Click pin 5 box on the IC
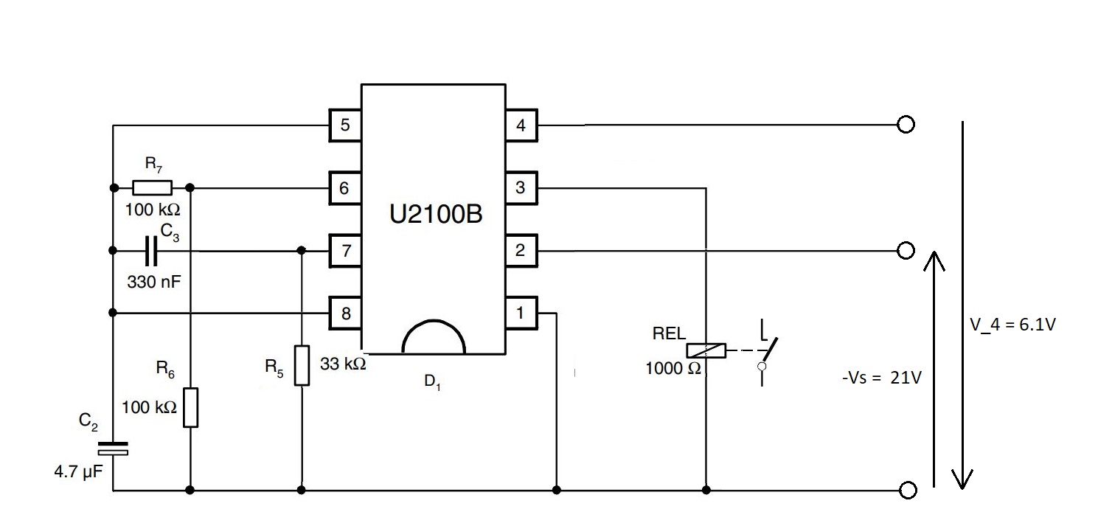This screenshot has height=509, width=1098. point(344,125)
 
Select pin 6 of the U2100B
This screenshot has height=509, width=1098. point(344,188)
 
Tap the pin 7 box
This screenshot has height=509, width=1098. point(344,251)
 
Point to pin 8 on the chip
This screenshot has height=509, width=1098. point(344,314)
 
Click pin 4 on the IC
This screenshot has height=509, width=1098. point(521,125)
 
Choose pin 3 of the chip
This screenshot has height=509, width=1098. point(521,188)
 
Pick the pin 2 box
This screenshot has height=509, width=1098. point(521,251)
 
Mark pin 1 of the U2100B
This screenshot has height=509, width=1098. point(521,314)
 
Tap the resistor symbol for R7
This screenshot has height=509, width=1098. point(152,187)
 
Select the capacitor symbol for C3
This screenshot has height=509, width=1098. point(151,251)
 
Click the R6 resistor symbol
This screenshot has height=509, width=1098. point(191,407)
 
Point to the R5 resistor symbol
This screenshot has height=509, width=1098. point(302,365)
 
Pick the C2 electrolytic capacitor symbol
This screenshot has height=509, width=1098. point(113,448)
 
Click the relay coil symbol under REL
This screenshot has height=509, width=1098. point(706,351)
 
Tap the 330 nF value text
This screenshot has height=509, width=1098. point(153,283)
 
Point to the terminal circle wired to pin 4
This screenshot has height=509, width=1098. point(906,125)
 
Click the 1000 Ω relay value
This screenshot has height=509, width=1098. point(673,369)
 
